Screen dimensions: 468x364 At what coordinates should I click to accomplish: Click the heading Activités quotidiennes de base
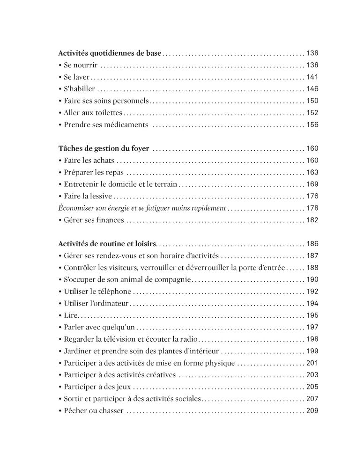pos(110,53)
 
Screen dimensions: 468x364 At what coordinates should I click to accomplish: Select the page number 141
pos(312,77)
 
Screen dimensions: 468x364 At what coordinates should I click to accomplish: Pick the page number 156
pos(312,124)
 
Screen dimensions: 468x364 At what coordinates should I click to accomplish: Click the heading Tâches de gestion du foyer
pos(104,149)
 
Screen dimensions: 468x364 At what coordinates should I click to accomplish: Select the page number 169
pos(312,184)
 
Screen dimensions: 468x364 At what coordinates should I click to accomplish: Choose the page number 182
pos(312,219)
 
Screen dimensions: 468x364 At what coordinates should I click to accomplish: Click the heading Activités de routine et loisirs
pos(108,244)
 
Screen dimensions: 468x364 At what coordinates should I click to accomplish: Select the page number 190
pos(312,279)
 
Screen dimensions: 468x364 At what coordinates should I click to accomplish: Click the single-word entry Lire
pos(68,315)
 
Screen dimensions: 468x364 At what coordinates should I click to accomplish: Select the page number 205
pos(312,387)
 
